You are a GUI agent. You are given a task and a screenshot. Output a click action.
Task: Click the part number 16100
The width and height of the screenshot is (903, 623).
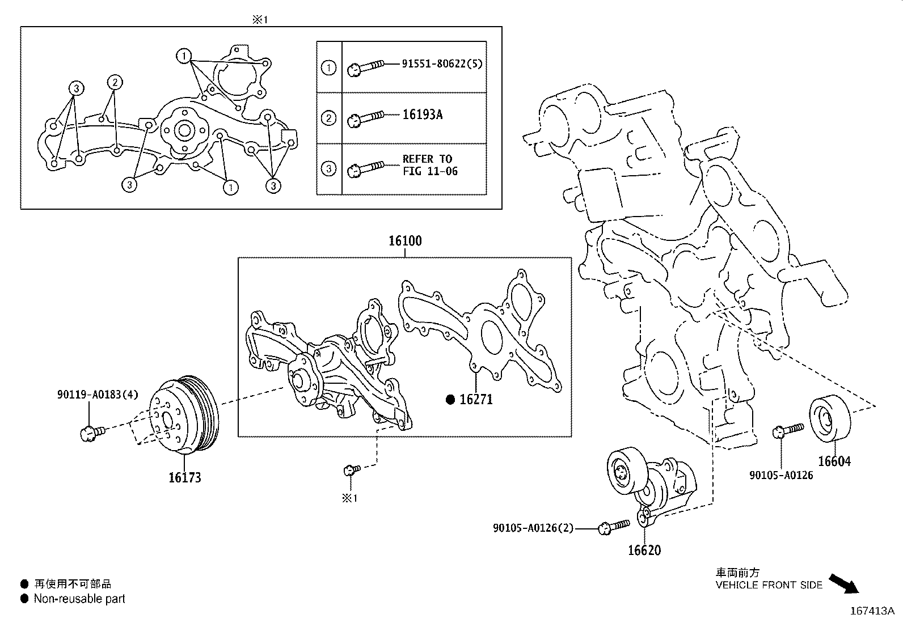(x=405, y=241)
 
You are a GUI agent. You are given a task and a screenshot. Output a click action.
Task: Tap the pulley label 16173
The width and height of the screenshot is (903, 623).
(x=184, y=477)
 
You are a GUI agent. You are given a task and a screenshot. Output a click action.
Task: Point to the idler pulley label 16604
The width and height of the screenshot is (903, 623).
(x=834, y=461)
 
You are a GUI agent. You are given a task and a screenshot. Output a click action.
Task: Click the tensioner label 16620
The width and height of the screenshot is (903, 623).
(x=644, y=550)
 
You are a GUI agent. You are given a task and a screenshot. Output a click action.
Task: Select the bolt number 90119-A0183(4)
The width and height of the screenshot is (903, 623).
(x=97, y=395)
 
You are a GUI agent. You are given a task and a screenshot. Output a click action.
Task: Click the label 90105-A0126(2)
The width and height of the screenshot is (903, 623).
(x=533, y=528)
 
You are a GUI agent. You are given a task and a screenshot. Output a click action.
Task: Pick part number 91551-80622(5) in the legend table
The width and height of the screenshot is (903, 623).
(x=442, y=63)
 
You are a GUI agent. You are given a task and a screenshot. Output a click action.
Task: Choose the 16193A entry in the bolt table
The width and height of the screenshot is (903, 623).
(x=422, y=115)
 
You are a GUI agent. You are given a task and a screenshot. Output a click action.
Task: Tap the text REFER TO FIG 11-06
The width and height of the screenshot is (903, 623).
(x=429, y=165)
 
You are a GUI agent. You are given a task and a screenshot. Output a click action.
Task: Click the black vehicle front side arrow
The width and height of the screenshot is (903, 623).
(x=844, y=583)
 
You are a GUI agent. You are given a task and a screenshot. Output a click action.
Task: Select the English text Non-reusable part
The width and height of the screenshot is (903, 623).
(x=79, y=599)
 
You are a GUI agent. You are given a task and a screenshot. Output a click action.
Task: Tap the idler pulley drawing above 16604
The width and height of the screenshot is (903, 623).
(x=829, y=418)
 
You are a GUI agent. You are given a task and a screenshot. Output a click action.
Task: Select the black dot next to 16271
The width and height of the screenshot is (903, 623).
(x=450, y=400)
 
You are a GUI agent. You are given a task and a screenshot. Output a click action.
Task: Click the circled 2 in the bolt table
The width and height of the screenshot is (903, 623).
(x=328, y=118)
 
